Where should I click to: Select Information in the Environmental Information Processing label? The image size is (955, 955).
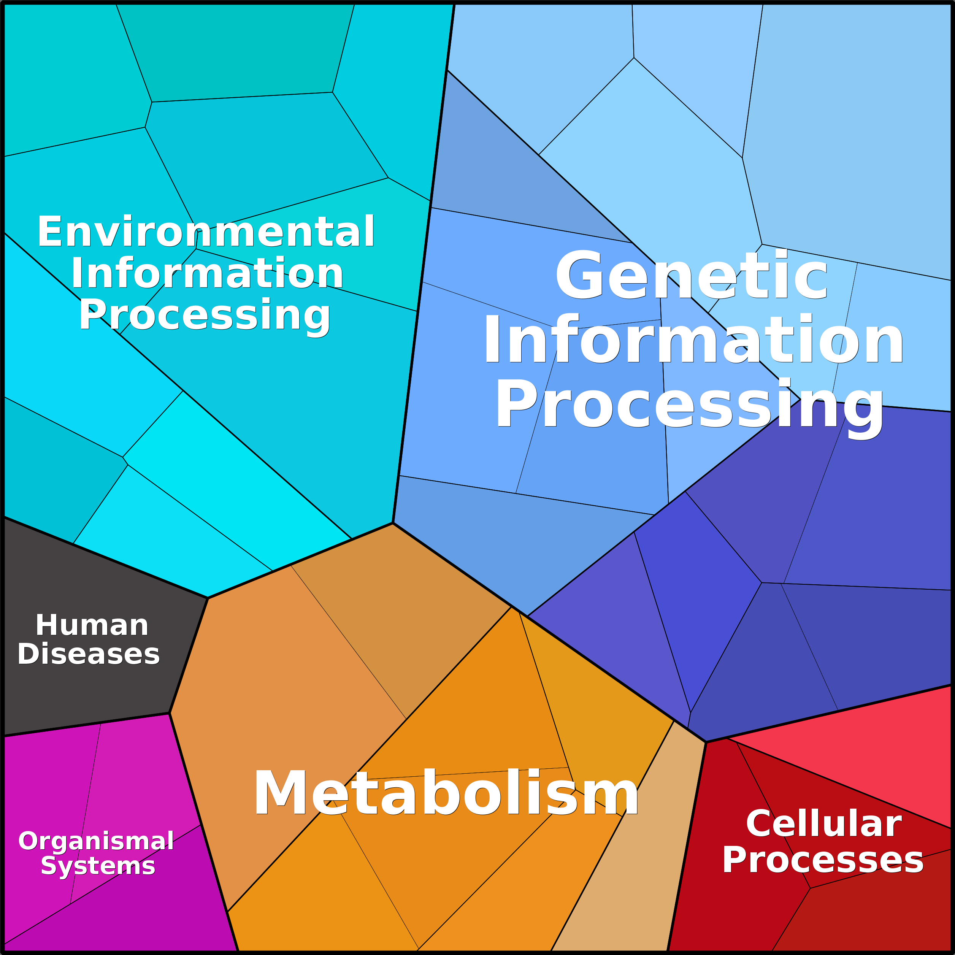(x=207, y=273)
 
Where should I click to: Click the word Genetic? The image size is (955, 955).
(x=691, y=275)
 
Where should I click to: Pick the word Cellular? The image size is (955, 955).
(x=824, y=823)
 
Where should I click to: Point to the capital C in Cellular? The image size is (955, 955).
(x=759, y=823)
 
